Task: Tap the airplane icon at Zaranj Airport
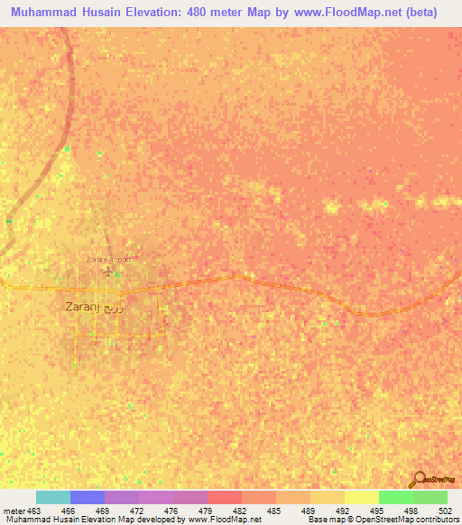coord(110,270)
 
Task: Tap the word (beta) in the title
coord(421,13)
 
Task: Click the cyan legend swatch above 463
coord(53,497)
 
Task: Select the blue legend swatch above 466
coord(88,497)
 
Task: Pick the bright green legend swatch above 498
coord(396,497)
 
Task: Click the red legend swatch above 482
coord(225,497)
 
